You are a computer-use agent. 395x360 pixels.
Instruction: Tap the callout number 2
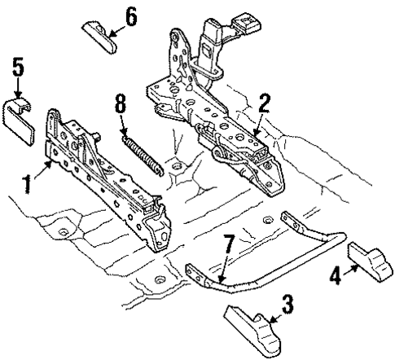tap(262, 103)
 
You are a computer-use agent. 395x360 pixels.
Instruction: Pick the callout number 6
tap(131, 15)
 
